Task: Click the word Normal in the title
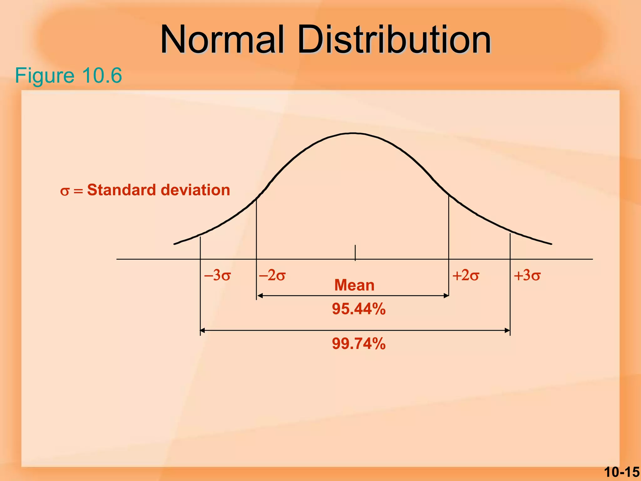pos(222,40)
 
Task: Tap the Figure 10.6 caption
pos(68,75)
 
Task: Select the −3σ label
pos(217,276)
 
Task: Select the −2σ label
pos(272,276)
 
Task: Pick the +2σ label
pos(465,276)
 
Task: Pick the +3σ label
pos(527,276)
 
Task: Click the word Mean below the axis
pos(354,285)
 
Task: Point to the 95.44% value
pos(359,309)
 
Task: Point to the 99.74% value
pos(359,344)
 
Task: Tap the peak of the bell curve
pos(353,133)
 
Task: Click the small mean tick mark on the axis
pos(355,252)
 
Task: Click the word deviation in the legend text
pos(195,190)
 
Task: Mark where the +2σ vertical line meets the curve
pos(449,196)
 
